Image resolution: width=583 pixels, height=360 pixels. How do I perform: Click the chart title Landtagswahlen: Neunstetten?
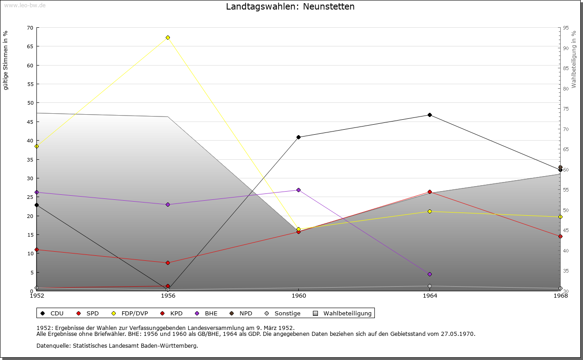[x=290, y=7]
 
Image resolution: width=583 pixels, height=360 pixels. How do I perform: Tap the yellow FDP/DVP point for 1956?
[x=168, y=37]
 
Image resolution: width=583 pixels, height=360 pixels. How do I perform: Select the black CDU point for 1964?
[x=430, y=115]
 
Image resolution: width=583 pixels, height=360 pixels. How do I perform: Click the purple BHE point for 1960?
[x=299, y=190]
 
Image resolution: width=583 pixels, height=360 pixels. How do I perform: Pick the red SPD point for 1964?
[x=430, y=192]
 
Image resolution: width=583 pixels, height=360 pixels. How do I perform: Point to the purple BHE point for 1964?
[x=430, y=274]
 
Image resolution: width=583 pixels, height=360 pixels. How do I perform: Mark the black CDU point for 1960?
[x=299, y=137]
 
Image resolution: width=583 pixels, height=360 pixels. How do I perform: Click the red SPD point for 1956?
[x=168, y=263]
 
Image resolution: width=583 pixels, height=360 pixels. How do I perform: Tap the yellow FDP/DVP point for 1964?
[x=430, y=211]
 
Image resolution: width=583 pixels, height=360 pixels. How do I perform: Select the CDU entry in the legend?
[x=52, y=313]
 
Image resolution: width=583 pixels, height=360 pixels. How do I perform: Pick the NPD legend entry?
[x=241, y=313]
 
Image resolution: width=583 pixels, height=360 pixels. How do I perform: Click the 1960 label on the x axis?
[x=299, y=296]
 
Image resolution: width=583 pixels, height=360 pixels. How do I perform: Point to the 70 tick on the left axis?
[x=30, y=28]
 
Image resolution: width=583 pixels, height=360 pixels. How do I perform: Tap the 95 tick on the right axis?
[x=565, y=28]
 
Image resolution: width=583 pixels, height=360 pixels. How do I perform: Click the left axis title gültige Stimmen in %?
[x=6, y=60]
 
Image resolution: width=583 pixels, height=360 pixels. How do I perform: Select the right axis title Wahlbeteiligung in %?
[x=574, y=59]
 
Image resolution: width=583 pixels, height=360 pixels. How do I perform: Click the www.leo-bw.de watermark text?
[x=25, y=4]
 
